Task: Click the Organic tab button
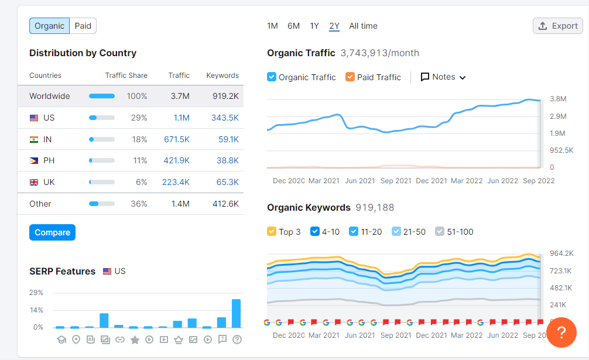click(x=49, y=26)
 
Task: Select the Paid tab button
click(x=83, y=26)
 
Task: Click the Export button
click(x=558, y=26)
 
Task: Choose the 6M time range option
click(x=293, y=26)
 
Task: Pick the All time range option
click(x=363, y=26)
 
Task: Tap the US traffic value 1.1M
click(x=182, y=118)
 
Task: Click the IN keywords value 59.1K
click(x=228, y=139)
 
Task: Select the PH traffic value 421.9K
click(x=176, y=160)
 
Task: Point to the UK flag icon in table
click(x=34, y=182)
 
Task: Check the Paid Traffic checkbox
click(x=350, y=77)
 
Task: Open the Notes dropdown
click(x=443, y=77)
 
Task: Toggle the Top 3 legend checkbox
click(x=272, y=231)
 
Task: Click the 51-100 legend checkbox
click(x=440, y=231)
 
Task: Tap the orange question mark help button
click(x=561, y=332)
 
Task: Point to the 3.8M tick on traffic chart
click(x=557, y=99)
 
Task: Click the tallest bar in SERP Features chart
click(x=237, y=313)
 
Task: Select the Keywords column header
click(x=222, y=76)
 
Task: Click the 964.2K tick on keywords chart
click(x=561, y=253)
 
